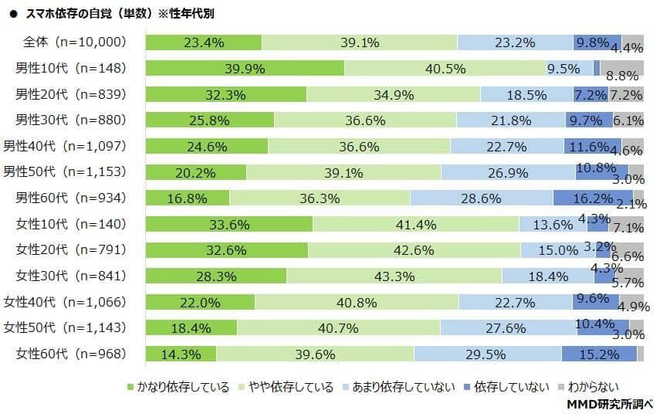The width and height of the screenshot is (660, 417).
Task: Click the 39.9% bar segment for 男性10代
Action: pyautogui.click(x=245, y=69)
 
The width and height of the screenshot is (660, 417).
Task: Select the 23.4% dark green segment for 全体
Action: pyautogui.click(x=204, y=42)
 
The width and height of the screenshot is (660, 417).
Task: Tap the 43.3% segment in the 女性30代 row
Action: pyautogui.click(x=394, y=276)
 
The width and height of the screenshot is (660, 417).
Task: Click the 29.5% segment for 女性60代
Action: pyautogui.click(x=487, y=354)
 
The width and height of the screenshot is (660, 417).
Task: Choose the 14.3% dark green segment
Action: pyautogui.click(x=181, y=354)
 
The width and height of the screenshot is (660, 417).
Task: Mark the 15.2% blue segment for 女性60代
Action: pyautogui.click(x=599, y=354)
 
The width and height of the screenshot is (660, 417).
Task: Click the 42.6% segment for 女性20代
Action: pyautogui.click(x=414, y=249)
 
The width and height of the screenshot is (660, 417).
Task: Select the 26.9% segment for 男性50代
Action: pyautogui.click(x=507, y=171)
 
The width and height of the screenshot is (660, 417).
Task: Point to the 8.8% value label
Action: pyautogui.click(x=621, y=76)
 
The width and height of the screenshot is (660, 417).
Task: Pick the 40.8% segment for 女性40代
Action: pyautogui.click(x=357, y=302)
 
